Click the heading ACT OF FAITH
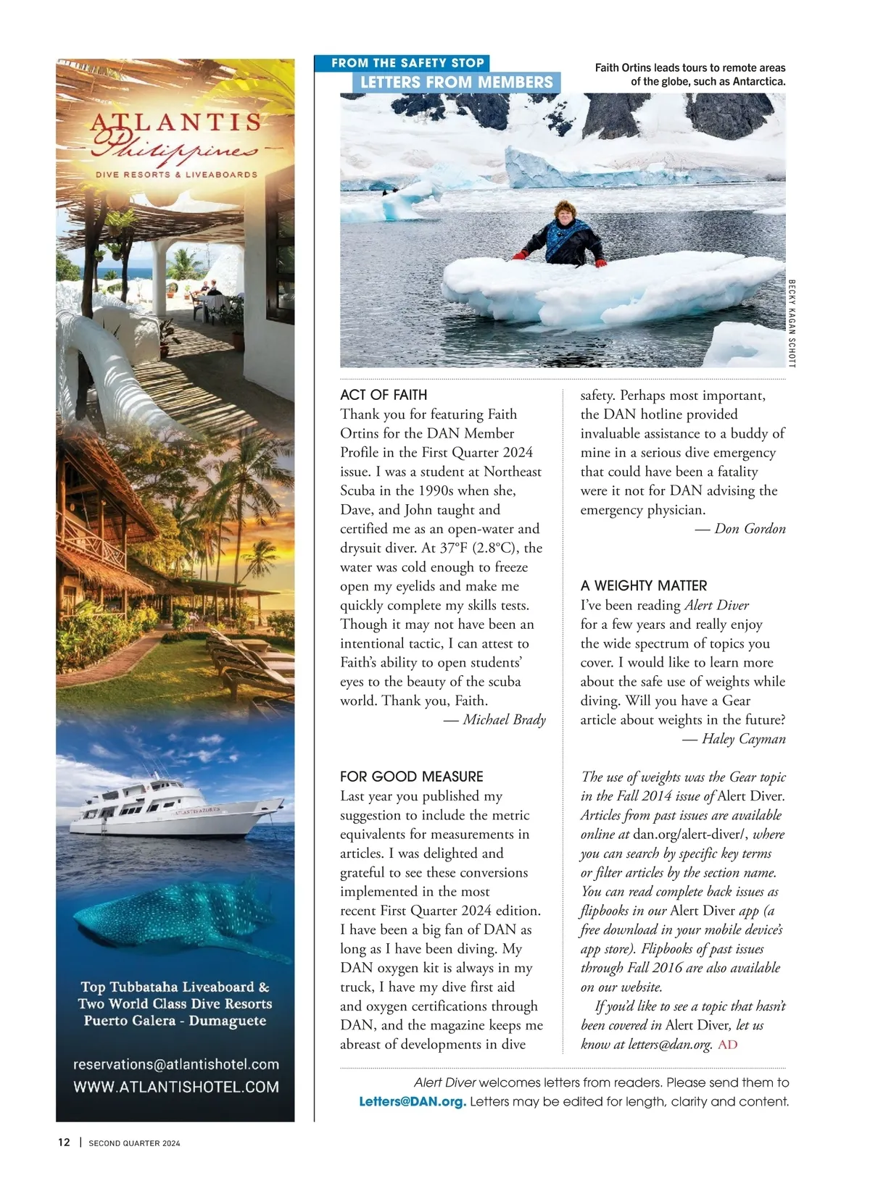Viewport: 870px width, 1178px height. [x=384, y=395]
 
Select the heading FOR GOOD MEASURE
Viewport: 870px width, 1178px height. [x=411, y=777]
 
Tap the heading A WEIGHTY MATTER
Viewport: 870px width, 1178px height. [x=643, y=585]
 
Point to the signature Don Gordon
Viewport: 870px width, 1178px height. [x=750, y=529]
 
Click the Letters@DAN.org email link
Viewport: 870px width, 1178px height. [x=413, y=1102]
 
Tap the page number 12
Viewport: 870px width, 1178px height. [x=65, y=1143]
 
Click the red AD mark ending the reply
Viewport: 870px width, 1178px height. [x=727, y=1045]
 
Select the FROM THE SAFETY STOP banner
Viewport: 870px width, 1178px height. [x=407, y=63]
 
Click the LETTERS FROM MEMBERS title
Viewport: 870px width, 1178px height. [x=456, y=83]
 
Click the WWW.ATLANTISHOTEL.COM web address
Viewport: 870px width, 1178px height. [x=175, y=1087]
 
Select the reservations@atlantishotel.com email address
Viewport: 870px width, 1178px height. [x=175, y=1064]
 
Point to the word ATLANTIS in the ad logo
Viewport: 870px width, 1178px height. [x=175, y=122]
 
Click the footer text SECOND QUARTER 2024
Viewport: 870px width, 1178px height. [x=134, y=1143]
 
